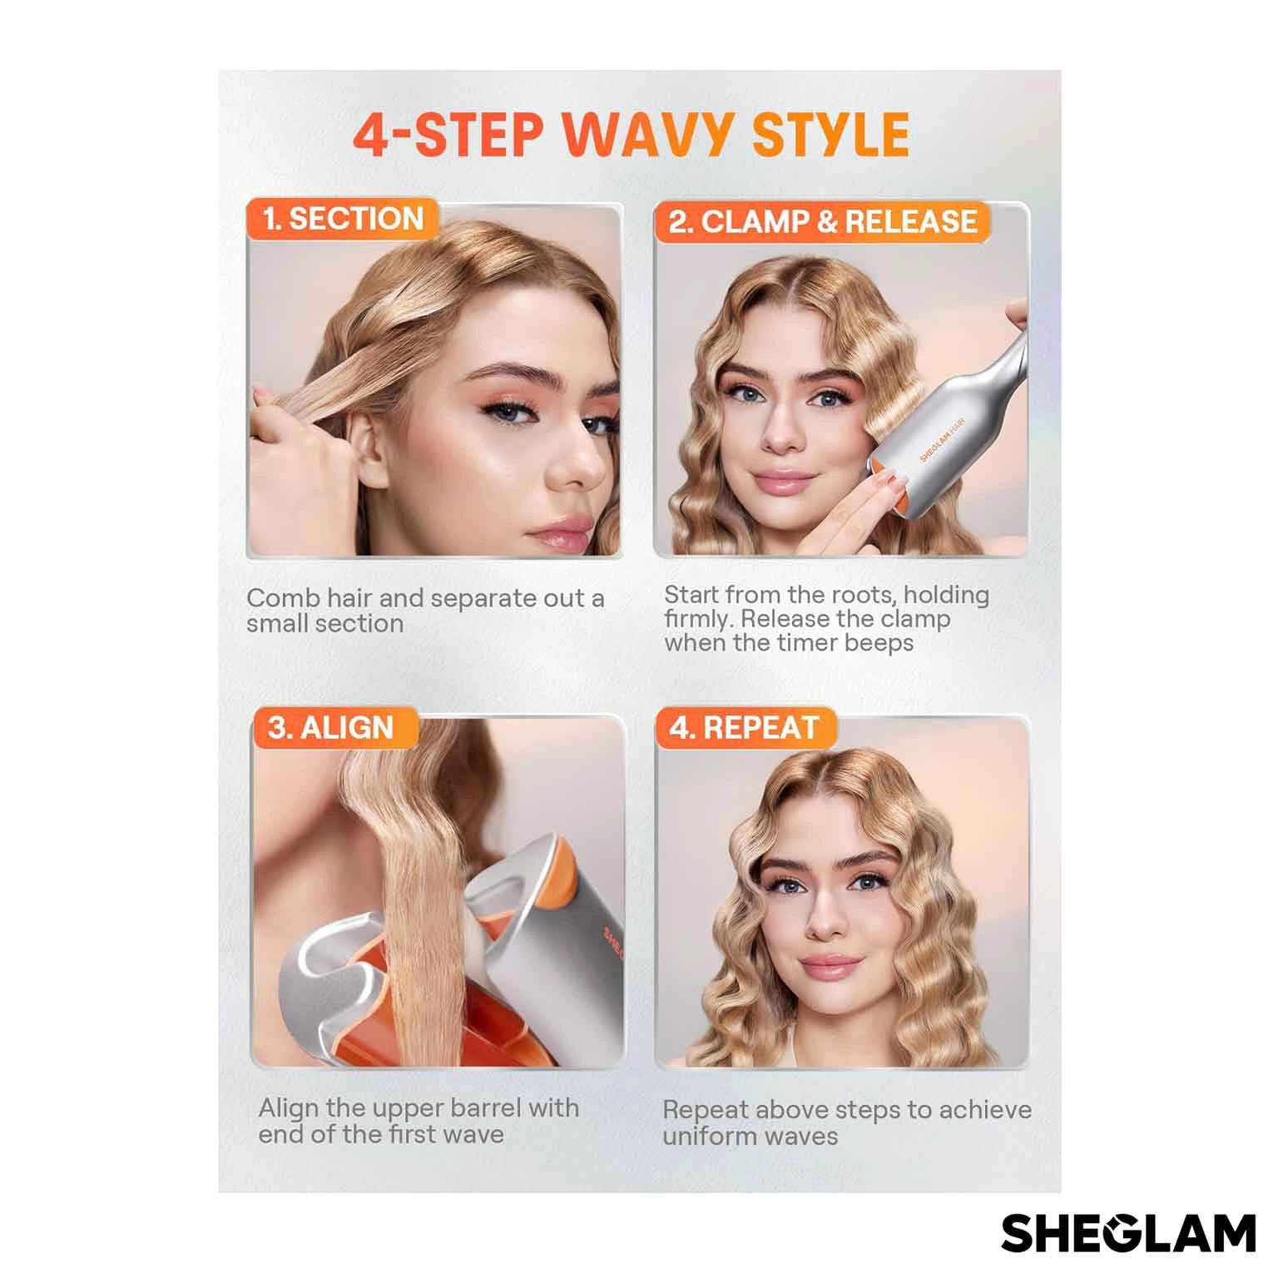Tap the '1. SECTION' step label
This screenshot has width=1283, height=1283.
[343, 219]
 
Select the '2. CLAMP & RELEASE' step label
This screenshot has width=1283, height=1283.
[823, 221]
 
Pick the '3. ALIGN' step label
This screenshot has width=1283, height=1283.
[330, 728]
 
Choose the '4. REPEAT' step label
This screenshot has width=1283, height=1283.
[744, 728]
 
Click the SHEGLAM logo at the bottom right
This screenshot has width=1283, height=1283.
[1128, 1233]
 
